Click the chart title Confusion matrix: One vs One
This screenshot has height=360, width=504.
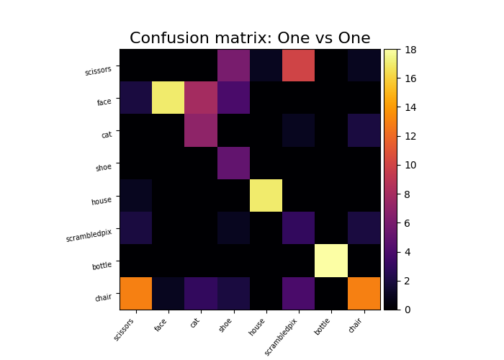tap(250, 38)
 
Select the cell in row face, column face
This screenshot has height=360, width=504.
tap(168, 98)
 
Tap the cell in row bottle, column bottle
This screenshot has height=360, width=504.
tap(331, 261)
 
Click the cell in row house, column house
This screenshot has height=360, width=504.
tap(266, 196)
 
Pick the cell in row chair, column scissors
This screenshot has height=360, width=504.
tap(135, 293)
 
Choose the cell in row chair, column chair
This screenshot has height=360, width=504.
tap(364, 293)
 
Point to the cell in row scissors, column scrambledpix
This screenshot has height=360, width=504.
tap(299, 66)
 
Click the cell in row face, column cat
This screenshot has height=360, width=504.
tap(201, 98)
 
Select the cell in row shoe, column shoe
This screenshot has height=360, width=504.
tap(233, 163)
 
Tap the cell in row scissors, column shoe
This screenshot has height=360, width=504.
tap(233, 66)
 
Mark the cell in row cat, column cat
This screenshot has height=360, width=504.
tap(201, 130)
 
